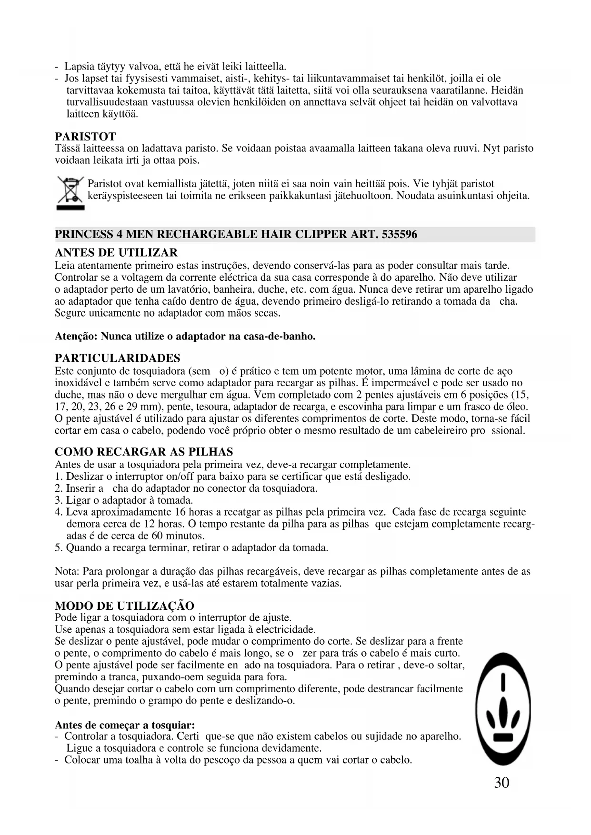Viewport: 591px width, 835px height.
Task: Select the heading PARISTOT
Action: (x=85, y=137)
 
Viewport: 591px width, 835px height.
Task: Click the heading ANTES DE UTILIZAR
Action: (x=116, y=252)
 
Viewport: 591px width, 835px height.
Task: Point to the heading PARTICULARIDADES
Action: (x=118, y=358)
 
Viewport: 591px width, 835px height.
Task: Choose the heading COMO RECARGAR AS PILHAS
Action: (x=144, y=452)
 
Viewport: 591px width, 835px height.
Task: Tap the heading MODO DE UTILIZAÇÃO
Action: (x=124, y=606)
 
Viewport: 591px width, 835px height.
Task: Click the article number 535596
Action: (x=399, y=235)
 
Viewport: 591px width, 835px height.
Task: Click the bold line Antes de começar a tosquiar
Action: (x=125, y=725)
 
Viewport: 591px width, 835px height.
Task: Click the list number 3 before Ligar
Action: (x=59, y=500)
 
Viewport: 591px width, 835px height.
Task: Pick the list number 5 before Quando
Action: (x=59, y=547)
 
